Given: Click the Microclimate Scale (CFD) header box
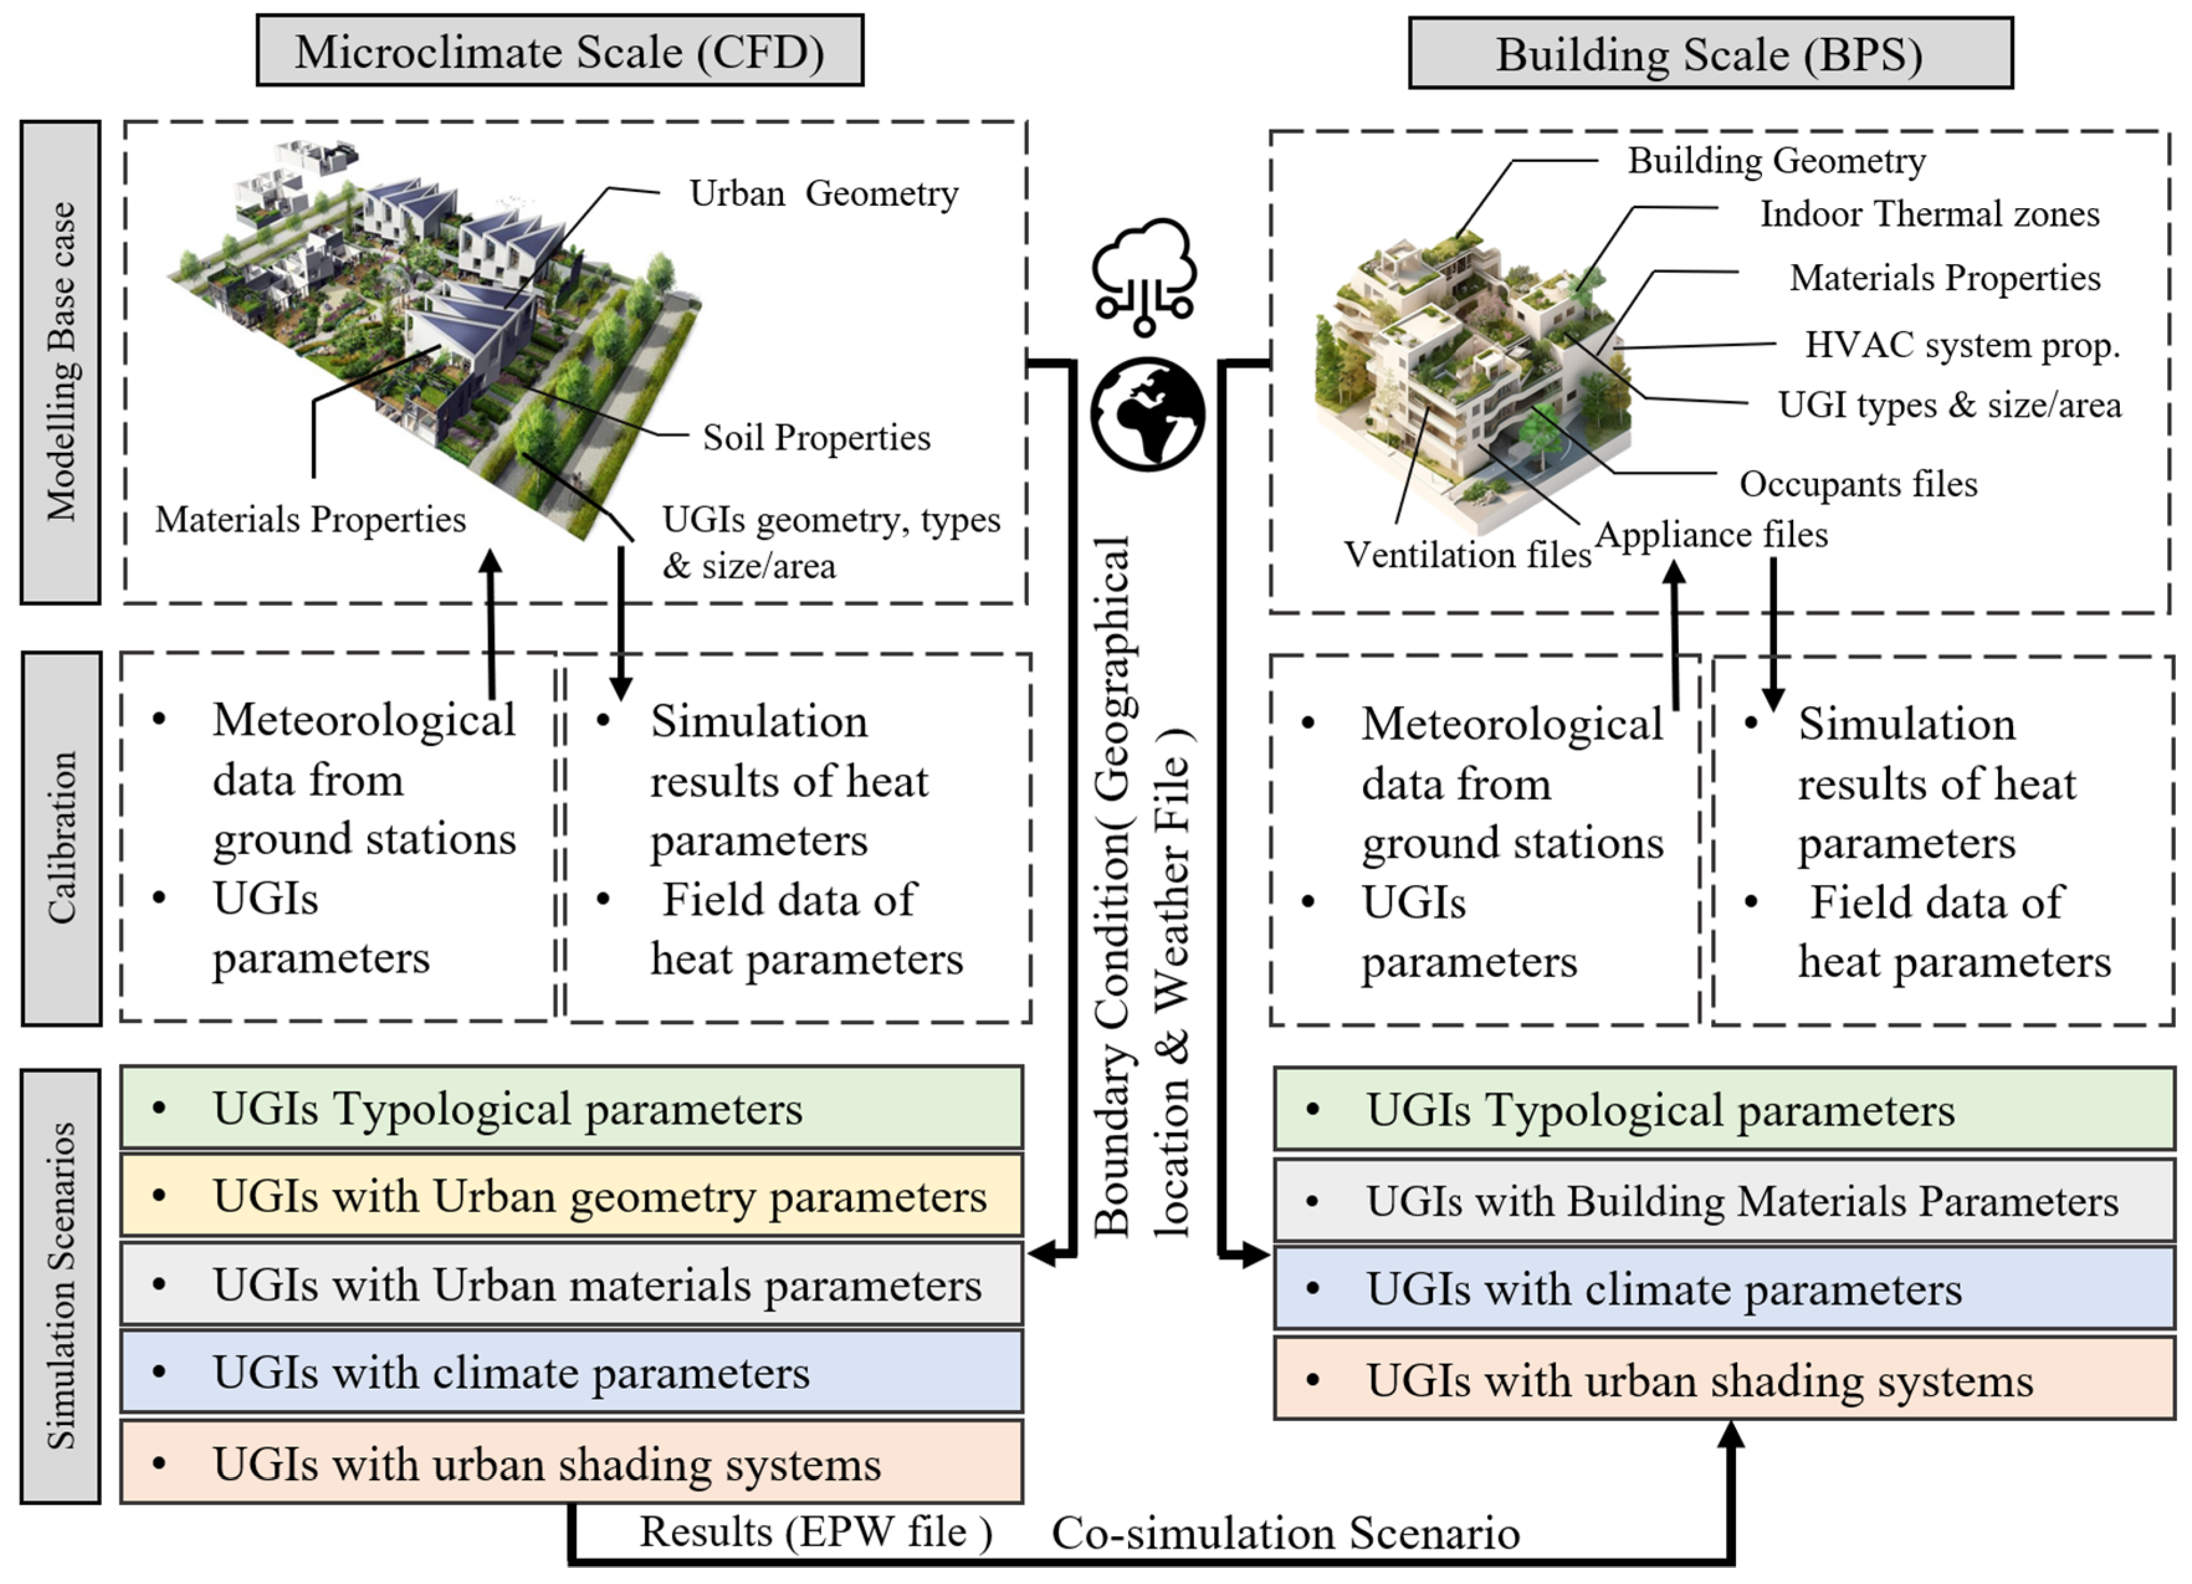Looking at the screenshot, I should pos(560,51).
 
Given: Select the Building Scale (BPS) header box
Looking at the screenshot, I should pos(1710,54).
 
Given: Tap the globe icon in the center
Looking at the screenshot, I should pos(1147,414).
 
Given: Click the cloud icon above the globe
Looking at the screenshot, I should pos(1145,273).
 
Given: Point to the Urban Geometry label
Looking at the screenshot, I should pos(823,193).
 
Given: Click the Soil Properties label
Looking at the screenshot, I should pos(816,438).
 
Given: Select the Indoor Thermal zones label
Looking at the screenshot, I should pos(1929,214).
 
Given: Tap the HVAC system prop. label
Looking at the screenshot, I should pos(1962,345).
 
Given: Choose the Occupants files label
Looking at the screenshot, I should pos(1858,484).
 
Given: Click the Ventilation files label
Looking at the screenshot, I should pos(1466,555).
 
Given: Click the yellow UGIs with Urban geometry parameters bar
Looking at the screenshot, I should pos(571,1196).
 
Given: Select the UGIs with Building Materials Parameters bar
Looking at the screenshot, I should pos(1724,1201).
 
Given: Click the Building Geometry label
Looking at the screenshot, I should pos(1776,160).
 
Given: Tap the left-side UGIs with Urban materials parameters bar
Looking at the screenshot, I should pos(571,1284).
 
